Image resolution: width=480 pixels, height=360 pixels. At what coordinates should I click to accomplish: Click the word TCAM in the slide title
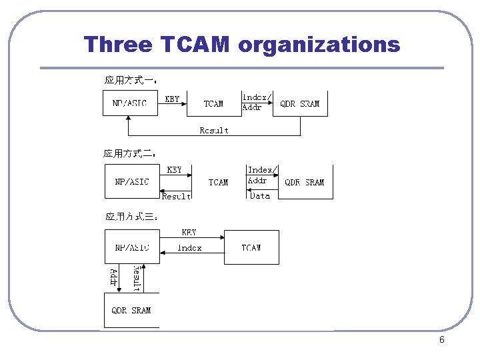[195, 45]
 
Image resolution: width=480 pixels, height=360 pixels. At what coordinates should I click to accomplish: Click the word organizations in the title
[319, 45]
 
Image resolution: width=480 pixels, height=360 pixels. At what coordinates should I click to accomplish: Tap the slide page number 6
[441, 340]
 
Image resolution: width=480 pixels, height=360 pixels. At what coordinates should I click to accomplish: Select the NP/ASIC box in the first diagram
[130, 103]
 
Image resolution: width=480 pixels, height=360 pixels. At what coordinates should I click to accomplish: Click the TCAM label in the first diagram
[213, 104]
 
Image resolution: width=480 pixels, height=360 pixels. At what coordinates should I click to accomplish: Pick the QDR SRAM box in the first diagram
[300, 103]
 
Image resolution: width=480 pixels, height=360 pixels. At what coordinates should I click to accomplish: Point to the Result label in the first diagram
[214, 131]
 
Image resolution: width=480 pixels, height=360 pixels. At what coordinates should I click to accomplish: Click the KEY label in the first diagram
[172, 99]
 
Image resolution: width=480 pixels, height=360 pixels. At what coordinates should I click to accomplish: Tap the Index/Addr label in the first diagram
[255, 102]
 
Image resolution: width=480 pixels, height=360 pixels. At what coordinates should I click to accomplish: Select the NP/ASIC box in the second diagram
[132, 181]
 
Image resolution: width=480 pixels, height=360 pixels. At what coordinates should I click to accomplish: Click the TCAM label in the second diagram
[218, 182]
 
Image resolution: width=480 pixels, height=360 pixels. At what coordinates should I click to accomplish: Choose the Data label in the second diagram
[260, 195]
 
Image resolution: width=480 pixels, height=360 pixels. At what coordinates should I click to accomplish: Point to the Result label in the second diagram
[177, 196]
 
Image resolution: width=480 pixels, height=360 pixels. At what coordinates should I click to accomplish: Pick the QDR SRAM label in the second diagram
[305, 182]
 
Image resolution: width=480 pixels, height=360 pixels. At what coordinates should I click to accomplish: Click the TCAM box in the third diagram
[251, 247]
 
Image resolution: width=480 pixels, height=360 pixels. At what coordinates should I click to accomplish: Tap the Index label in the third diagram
[190, 248]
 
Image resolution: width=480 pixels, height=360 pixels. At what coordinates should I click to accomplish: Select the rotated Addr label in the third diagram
[114, 277]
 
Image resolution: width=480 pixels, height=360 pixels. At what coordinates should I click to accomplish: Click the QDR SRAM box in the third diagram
[131, 311]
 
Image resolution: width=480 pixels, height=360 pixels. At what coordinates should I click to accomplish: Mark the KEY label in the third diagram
[189, 233]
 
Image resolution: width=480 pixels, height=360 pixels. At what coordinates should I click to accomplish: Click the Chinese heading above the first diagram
[129, 80]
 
